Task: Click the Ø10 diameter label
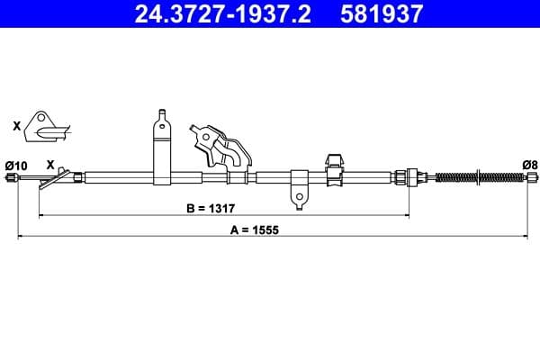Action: [16, 165]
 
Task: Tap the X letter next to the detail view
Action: [16, 127]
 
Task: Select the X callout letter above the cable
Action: [49, 165]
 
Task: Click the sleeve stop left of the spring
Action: [411, 176]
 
